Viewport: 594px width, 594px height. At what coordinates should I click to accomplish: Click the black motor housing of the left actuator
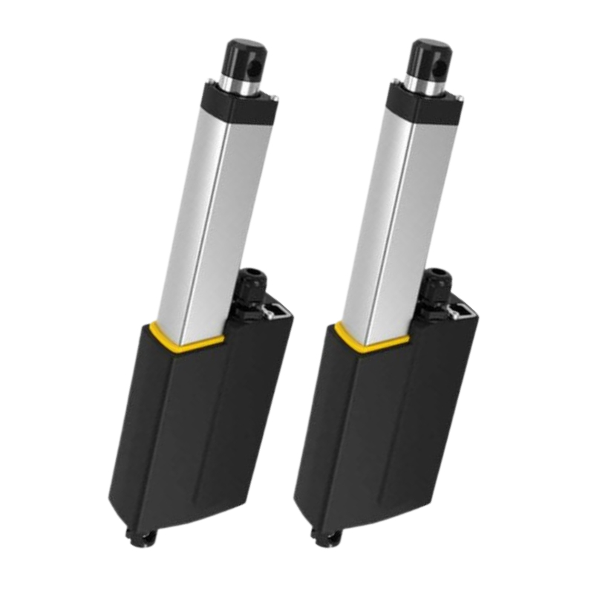point(193,438)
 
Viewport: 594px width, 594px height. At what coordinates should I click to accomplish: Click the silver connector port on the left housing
point(277,310)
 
